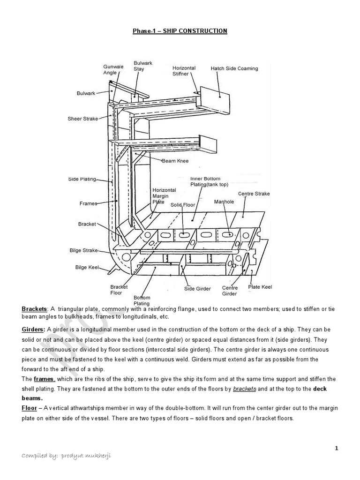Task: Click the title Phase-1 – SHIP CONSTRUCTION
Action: pyautogui.click(x=180, y=31)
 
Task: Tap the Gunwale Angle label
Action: pyautogui.click(x=113, y=69)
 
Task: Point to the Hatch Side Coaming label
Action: pyautogui.click(x=234, y=68)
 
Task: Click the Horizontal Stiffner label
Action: pyautogui.click(x=184, y=71)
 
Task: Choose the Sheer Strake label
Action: pyautogui.click(x=82, y=119)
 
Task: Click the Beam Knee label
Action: pyautogui.click(x=175, y=161)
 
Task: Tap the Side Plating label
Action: pyautogui.click(x=82, y=179)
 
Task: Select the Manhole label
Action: pyautogui.click(x=224, y=202)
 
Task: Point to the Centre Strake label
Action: pyautogui.click(x=254, y=194)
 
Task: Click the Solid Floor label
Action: pyautogui.click(x=182, y=205)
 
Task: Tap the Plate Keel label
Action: pyautogui.click(x=260, y=287)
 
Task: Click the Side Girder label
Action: pyautogui.click(x=197, y=289)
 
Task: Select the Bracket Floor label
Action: pyautogui.click(x=116, y=290)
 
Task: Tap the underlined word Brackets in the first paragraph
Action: pyautogui.click(x=34, y=309)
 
